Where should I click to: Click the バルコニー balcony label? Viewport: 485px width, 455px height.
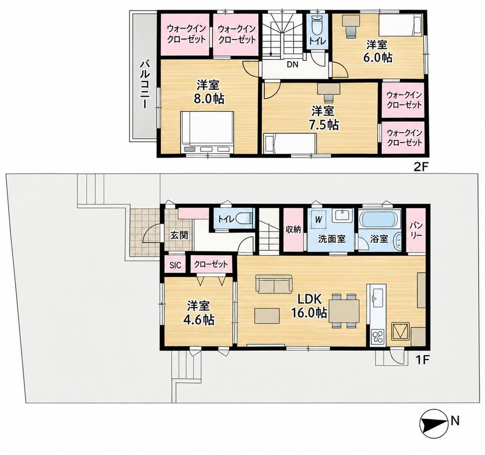(145, 84)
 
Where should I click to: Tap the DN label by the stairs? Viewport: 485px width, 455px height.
(292, 65)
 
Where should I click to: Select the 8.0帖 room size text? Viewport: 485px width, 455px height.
(208, 98)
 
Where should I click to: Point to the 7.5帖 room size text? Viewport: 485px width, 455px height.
(323, 125)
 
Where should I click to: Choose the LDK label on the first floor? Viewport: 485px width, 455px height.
(310, 299)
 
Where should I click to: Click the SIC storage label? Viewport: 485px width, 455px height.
(175, 265)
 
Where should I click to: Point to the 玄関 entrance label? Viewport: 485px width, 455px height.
(179, 235)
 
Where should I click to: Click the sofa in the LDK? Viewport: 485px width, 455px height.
(274, 284)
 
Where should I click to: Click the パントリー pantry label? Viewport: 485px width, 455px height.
(416, 230)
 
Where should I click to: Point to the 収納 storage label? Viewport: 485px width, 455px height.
(293, 230)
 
